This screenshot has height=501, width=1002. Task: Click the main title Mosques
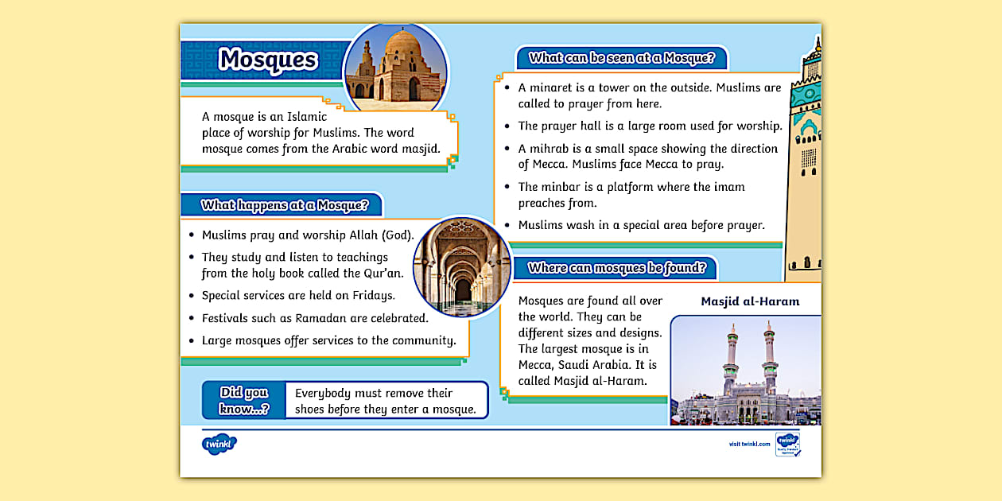pos(268,60)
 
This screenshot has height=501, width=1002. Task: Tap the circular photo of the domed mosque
pos(395,68)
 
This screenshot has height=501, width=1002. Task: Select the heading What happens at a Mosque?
pos(285,205)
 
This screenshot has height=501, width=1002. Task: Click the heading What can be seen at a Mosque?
pos(622,57)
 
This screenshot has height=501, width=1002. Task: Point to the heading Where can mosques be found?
pos(616,268)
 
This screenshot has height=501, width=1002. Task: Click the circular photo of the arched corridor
pos(463,267)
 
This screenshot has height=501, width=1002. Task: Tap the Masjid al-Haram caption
pos(750,301)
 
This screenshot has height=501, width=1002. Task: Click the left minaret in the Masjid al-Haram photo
pos(730,358)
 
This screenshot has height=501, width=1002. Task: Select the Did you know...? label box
pos(244,401)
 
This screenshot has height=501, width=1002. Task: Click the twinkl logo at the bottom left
pos(219,444)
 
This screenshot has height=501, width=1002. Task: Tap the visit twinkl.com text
pos(749,444)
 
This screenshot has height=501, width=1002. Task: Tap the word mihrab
pos(549,149)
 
